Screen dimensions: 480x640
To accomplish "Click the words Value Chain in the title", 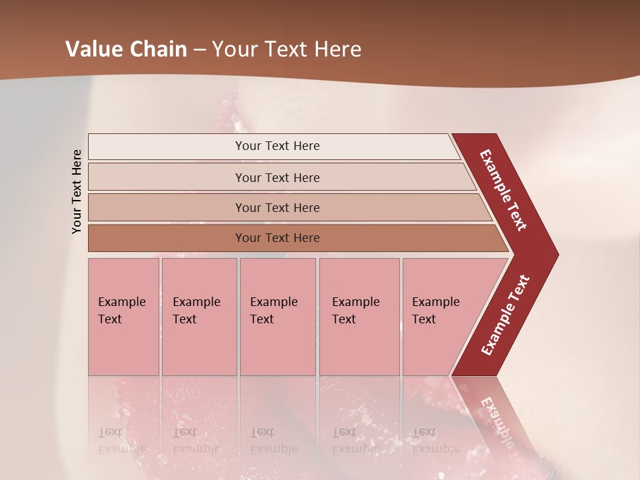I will tap(126, 49).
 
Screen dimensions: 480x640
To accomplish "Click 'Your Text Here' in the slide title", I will tap(287, 49).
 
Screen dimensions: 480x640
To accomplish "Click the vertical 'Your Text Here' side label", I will tap(77, 191).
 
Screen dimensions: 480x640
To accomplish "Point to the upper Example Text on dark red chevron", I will tap(503, 189).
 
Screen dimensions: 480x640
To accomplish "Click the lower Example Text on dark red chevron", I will tap(505, 315).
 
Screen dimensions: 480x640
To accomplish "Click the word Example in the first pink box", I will tap(122, 302).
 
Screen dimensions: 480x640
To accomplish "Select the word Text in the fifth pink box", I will tap(424, 319).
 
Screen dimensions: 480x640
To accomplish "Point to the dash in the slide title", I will tap(199, 50).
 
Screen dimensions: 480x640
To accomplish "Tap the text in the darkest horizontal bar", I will tap(277, 238).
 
